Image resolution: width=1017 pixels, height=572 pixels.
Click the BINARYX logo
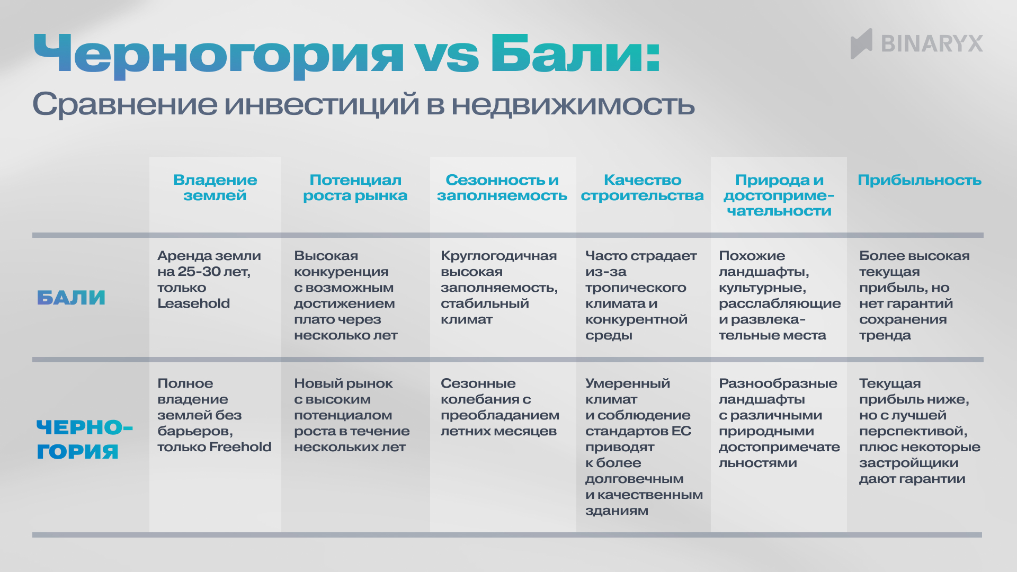click(916, 43)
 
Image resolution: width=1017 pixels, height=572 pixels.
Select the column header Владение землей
click(215, 187)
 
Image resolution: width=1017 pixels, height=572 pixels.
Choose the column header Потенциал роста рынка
click(355, 187)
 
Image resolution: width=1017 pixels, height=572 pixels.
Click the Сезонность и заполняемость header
click(502, 187)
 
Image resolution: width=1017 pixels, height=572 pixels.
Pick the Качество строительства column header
click(642, 187)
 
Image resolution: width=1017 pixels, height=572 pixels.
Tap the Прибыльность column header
click(919, 180)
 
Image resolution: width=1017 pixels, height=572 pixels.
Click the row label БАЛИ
click(71, 298)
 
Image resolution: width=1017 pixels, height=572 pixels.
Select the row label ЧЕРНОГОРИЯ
click(84, 439)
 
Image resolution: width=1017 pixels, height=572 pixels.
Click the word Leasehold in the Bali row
click(193, 303)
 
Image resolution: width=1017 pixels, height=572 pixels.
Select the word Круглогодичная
click(498, 256)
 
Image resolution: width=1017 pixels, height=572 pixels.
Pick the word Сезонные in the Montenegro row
click(478, 383)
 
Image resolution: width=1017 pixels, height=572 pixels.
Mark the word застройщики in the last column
click(908, 463)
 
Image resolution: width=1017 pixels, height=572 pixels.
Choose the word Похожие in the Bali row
click(752, 256)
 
